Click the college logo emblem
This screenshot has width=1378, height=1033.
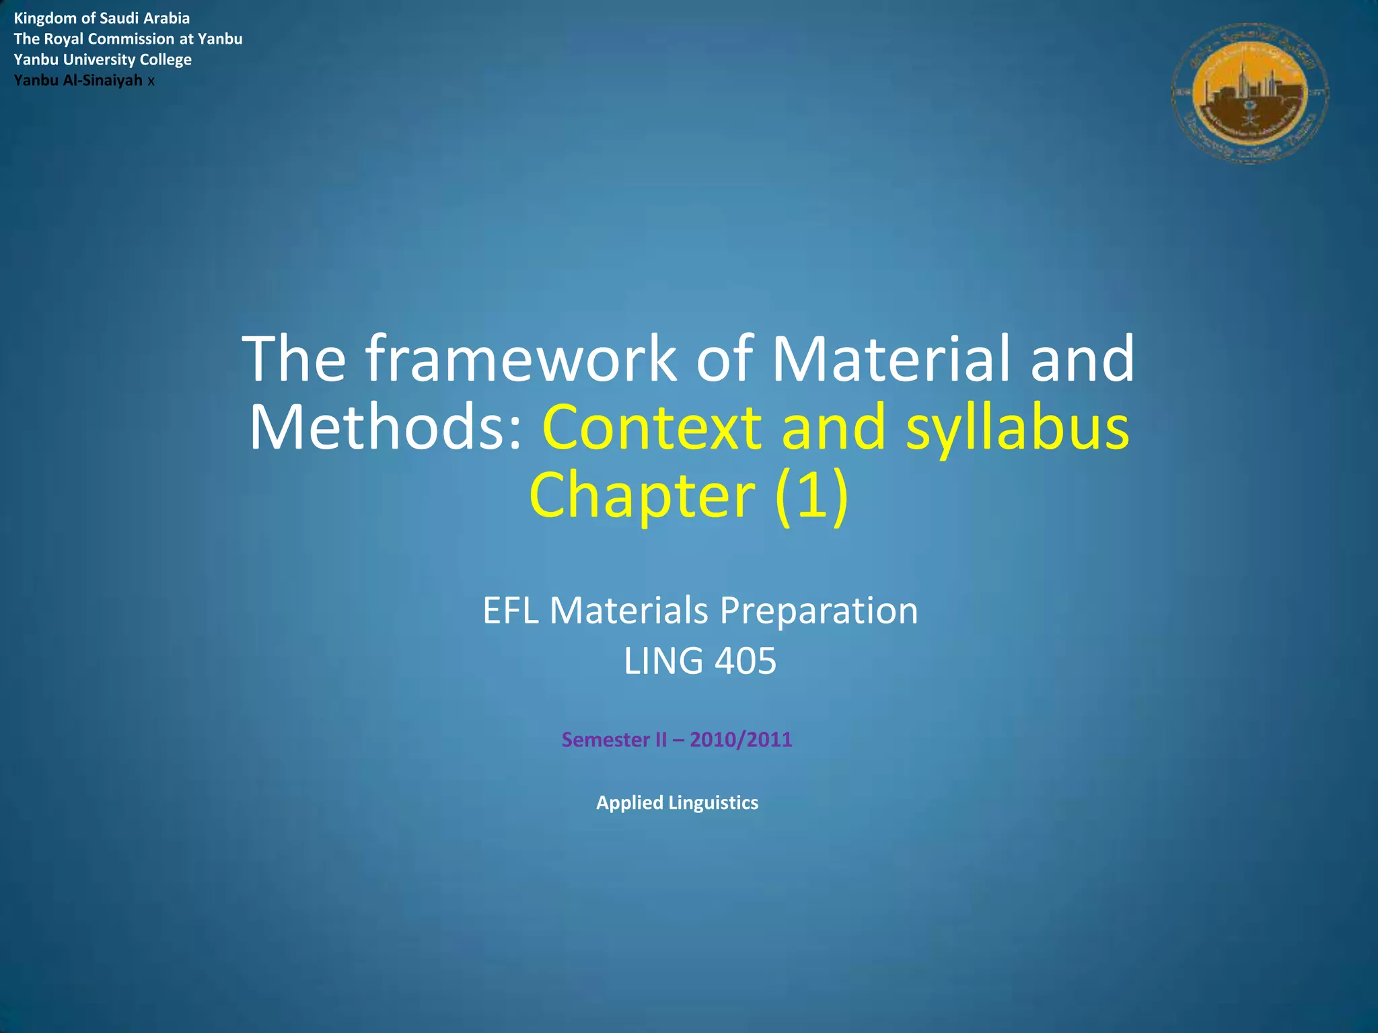pyautogui.click(x=1249, y=93)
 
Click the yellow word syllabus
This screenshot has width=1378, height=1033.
pyautogui.click(x=1017, y=428)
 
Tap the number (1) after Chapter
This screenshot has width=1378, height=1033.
pyautogui.click(x=811, y=496)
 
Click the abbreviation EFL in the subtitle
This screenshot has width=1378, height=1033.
pyautogui.click(x=511, y=611)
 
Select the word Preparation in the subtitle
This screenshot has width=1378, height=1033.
pyautogui.click(x=819, y=611)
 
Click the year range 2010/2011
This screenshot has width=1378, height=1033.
pyautogui.click(x=741, y=740)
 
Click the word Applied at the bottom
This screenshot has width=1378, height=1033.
pyautogui.click(x=630, y=803)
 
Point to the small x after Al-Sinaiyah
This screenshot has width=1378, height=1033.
pyautogui.click(x=151, y=81)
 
